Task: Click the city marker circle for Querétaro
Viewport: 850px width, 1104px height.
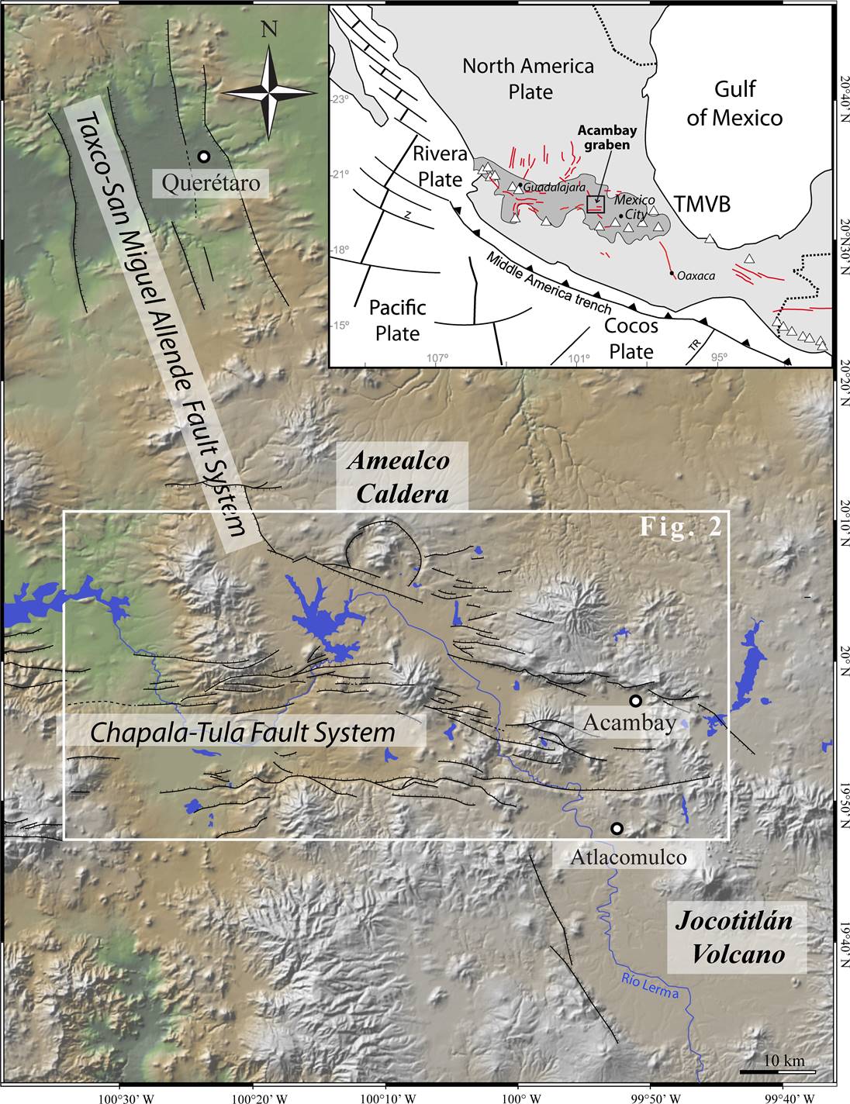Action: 203,157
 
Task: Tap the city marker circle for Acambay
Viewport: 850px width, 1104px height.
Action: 635,701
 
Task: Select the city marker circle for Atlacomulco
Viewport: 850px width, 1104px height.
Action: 617,828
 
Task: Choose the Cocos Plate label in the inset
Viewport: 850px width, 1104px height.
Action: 631,339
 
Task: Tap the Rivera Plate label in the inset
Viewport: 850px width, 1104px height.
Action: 441,165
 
